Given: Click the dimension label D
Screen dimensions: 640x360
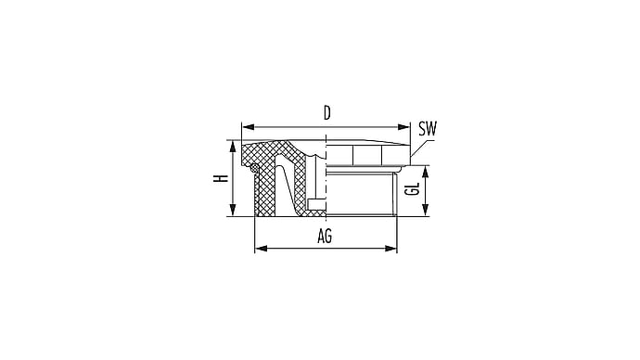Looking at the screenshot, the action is tap(326, 113).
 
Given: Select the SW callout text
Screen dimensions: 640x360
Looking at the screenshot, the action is tap(428, 129).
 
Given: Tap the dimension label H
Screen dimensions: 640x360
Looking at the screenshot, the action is tap(221, 178).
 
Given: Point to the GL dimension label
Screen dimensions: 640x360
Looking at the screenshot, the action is tap(414, 189).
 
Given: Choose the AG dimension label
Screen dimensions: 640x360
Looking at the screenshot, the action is tap(325, 237).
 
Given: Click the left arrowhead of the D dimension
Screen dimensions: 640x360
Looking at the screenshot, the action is tap(249, 127).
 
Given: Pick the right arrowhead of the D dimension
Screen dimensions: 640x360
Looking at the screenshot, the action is tap(403, 127).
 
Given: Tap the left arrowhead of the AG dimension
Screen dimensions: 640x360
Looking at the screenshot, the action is tap(262, 248).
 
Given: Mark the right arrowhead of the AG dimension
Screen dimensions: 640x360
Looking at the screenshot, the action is tap(390, 248).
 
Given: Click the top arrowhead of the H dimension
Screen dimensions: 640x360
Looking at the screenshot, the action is tap(233, 147).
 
